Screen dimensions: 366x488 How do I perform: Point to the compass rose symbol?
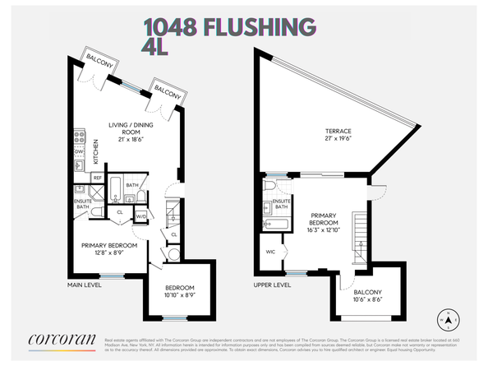[x=448, y=320]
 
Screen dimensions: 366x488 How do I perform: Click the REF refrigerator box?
[x=97, y=178]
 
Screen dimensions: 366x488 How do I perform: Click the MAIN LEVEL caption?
[x=85, y=285]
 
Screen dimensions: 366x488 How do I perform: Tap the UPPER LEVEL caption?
[x=273, y=285]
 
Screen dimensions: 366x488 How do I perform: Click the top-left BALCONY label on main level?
[x=101, y=58]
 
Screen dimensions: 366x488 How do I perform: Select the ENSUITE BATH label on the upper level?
[x=282, y=205]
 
